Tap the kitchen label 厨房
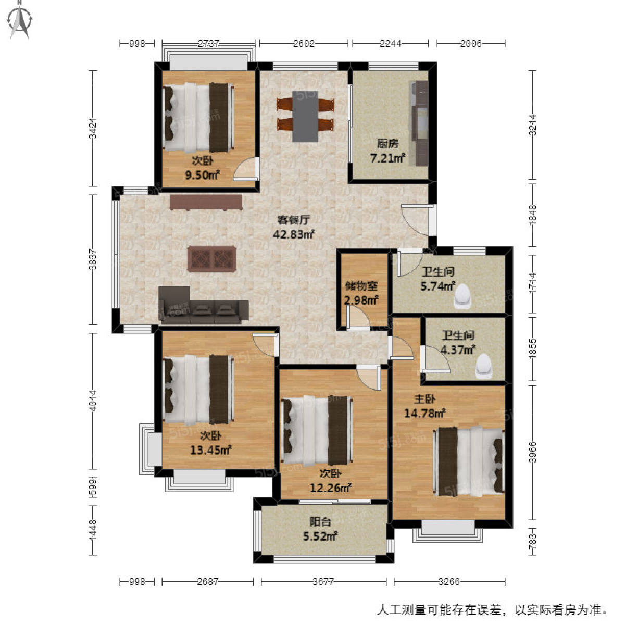click(x=387, y=144)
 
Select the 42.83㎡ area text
click(x=294, y=234)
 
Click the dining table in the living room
click(x=305, y=116)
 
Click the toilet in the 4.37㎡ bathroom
click(x=484, y=365)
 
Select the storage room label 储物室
click(x=361, y=286)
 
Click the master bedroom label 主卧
click(x=424, y=399)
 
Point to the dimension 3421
click(x=93, y=129)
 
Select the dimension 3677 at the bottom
click(x=323, y=582)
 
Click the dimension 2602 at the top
click(x=304, y=44)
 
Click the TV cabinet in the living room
click(x=206, y=202)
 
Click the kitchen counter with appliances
click(x=420, y=123)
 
